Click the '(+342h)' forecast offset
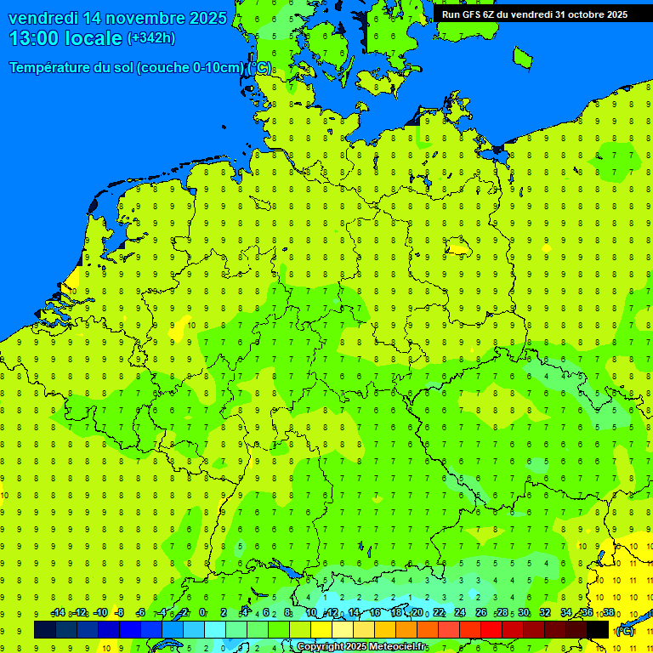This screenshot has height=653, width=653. coord(151,38)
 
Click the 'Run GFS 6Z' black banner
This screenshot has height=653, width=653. coord(535,14)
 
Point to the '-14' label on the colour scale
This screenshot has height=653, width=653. coord(58,613)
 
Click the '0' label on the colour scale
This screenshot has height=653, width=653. coord(202,613)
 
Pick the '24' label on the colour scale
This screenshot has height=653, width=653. coord(459,613)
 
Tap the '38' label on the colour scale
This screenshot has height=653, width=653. coord(608,613)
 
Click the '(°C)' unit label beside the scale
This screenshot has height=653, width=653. coord(624,630)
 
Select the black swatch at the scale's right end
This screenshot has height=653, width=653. coord(598,630)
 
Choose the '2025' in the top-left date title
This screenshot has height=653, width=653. coord(207,18)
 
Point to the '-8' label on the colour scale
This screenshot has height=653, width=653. coord(120,613)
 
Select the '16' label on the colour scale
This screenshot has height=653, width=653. coord(374,613)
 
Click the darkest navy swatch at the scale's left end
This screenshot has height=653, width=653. coord(45,630)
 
